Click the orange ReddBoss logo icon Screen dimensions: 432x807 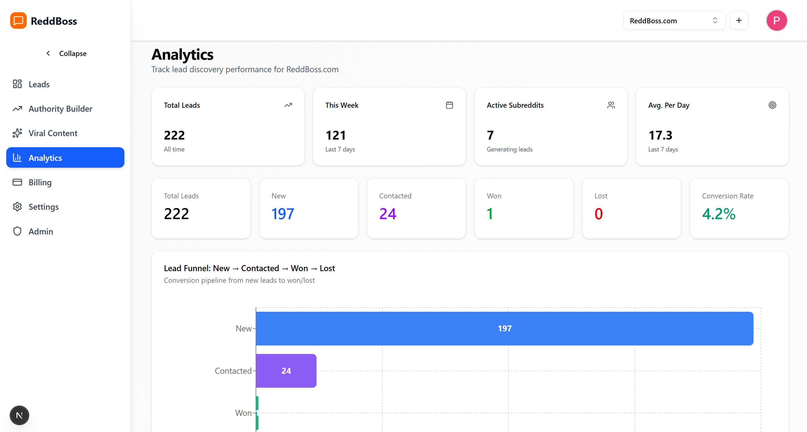click(18, 21)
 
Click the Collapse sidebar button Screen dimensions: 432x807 click(66, 53)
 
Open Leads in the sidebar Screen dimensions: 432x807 click(39, 84)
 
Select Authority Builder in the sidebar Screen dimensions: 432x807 click(60, 109)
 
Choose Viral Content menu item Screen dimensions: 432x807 click(53, 133)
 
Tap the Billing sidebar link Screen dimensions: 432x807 click(40, 182)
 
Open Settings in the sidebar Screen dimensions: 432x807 click(43, 207)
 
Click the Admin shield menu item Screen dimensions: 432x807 click(40, 231)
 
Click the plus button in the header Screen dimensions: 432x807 click(739, 21)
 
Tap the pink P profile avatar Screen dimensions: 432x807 click(776, 21)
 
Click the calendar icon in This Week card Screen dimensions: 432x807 click(449, 105)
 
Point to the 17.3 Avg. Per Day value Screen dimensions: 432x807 click(660, 135)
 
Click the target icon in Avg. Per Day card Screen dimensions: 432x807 click(772, 105)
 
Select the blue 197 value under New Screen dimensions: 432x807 click(283, 214)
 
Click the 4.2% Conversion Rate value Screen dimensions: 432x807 click(718, 214)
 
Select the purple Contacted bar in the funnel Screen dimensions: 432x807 click(286, 371)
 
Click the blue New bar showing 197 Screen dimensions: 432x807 click(504, 328)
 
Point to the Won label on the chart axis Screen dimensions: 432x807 click(243, 413)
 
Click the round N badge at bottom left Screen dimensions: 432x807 click(19, 416)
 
